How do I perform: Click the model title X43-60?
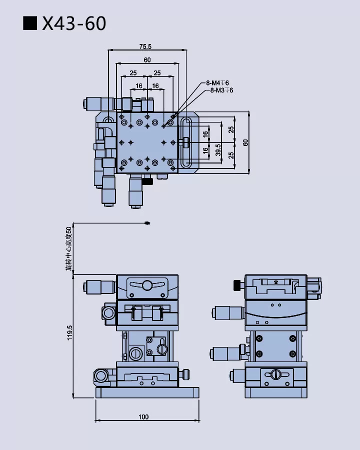point(74,23)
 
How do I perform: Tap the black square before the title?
point(31,23)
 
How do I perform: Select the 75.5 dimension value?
point(145,46)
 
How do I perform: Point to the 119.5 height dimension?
point(69,333)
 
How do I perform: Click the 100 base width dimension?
point(143,417)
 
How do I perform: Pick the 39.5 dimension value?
point(218,150)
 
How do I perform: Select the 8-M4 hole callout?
point(217,83)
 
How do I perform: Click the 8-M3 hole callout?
point(221,90)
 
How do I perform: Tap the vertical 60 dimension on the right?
point(245,142)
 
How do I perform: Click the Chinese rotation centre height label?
point(69,248)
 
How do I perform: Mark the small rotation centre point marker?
point(147,223)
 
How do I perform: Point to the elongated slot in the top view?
point(186,143)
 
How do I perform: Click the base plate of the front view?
point(147,393)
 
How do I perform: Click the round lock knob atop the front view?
point(147,285)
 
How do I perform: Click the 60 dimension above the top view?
point(147,60)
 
